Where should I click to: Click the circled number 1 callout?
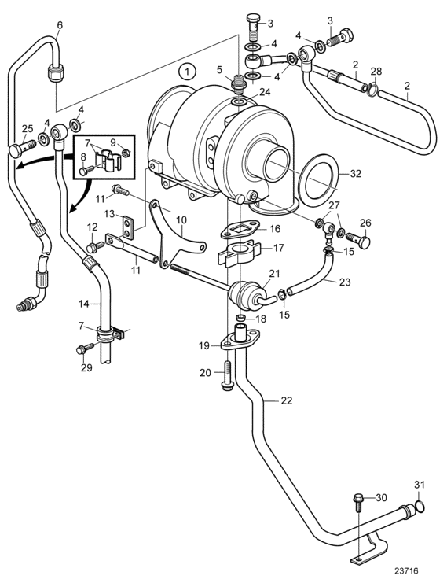click(x=188, y=71)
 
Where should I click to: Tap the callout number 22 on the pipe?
click(x=286, y=400)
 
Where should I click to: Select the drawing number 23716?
click(x=406, y=570)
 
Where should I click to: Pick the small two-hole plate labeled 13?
click(x=127, y=227)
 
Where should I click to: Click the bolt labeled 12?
click(x=95, y=246)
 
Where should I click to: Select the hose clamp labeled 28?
click(x=372, y=90)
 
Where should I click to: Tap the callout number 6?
click(x=60, y=25)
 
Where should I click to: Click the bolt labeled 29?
click(x=86, y=349)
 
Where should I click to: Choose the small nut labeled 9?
click(x=126, y=152)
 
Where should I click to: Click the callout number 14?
click(x=84, y=304)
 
